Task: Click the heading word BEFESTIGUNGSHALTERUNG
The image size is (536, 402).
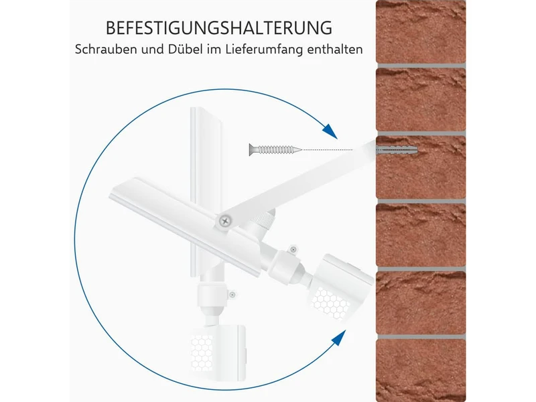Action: point(219,27)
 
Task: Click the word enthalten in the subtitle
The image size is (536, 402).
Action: point(335,49)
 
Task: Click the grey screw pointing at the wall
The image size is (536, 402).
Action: point(275,149)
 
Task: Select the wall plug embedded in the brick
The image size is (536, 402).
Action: point(397,150)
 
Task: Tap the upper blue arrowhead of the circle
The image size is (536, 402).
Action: point(330,131)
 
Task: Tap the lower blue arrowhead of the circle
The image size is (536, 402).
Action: point(338,338)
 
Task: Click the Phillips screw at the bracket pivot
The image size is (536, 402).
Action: point(224,221)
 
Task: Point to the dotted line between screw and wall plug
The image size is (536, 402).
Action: point(327,149)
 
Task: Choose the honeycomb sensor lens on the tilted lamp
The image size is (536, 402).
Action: point(330,303)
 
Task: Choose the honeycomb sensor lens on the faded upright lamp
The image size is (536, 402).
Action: point(202,353)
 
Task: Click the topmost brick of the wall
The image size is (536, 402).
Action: point(421,31)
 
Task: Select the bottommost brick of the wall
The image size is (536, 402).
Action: point(421,371)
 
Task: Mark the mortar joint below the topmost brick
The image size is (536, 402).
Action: point(421,66)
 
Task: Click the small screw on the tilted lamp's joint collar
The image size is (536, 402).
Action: point(293,250)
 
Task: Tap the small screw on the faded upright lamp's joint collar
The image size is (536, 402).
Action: point(232,294)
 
